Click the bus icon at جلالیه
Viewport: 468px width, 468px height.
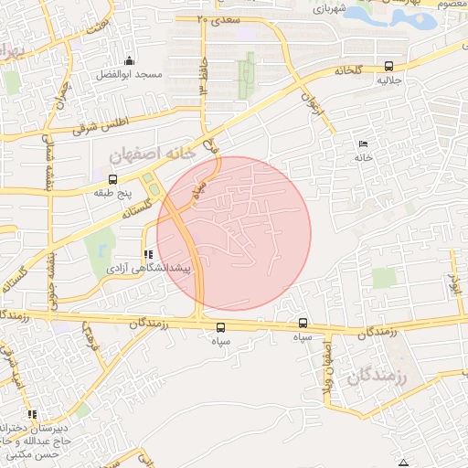pos(389,66)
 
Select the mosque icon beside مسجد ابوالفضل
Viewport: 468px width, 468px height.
pos(128,60)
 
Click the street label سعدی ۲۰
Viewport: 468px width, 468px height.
pos(216,18)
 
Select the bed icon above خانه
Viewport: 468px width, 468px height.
pos(364,143)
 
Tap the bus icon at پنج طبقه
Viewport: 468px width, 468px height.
pos(112,179)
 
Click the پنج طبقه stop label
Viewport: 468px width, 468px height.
pos(112,194)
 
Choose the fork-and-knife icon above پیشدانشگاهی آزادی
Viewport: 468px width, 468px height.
pos(148,254)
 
